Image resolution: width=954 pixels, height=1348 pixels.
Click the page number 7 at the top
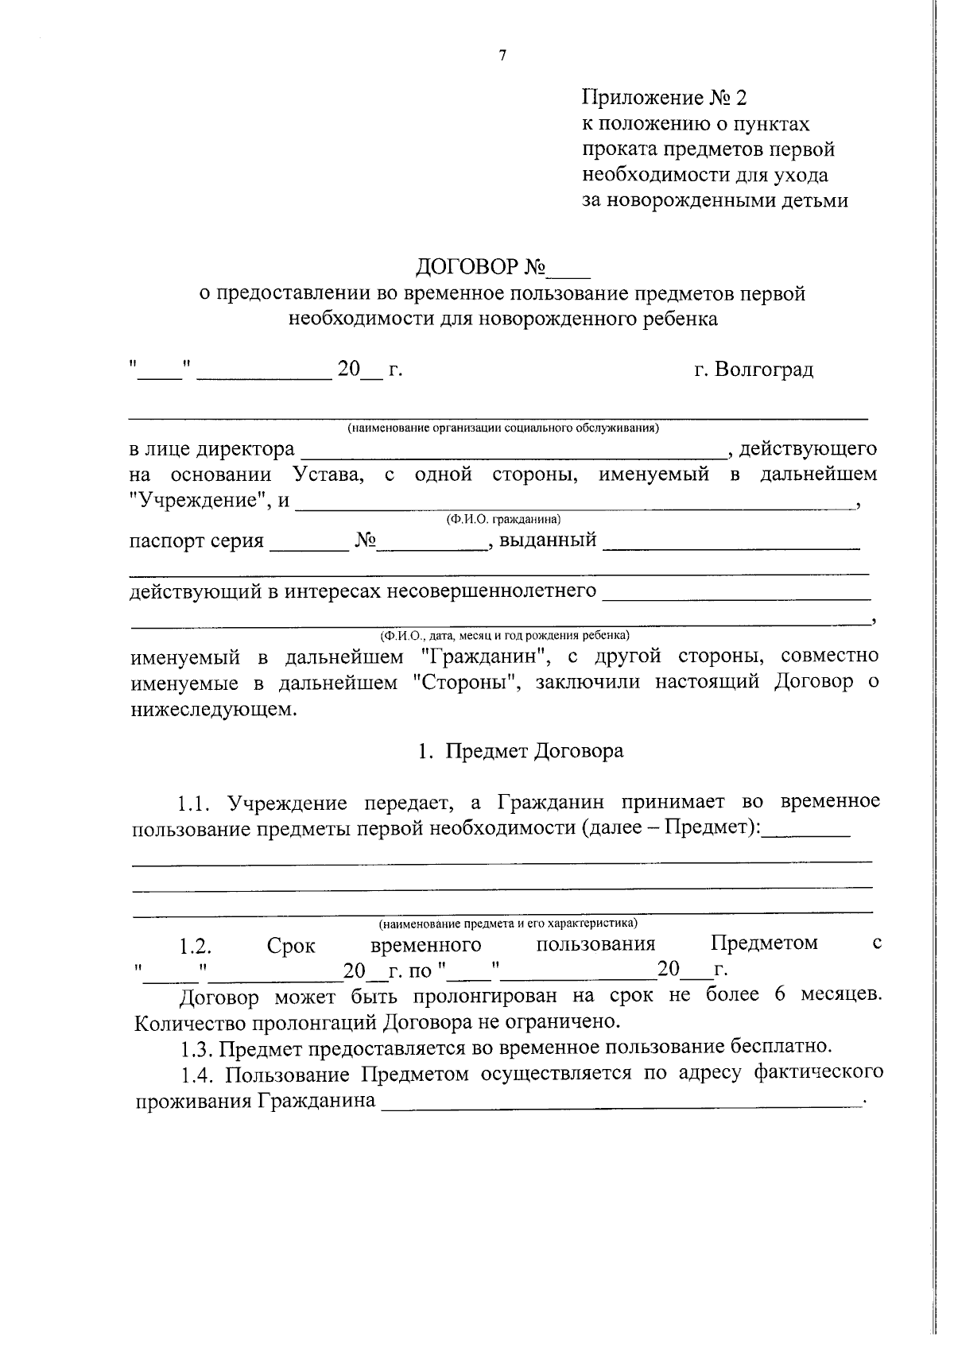502,55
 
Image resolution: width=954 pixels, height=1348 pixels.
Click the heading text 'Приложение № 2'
665,98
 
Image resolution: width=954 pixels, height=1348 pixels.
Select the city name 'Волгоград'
764,370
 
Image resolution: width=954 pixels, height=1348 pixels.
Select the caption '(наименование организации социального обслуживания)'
503,428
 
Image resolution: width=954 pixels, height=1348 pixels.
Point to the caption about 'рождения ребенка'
504,635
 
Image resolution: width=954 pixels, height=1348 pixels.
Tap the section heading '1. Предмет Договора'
521,751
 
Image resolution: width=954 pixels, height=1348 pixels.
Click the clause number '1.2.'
194,946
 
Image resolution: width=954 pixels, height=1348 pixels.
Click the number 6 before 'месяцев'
779,995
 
